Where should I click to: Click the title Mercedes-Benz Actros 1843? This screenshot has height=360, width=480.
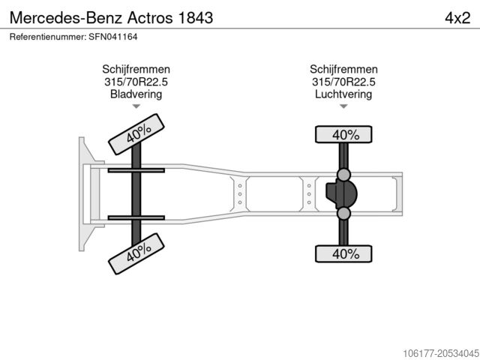coord(111,18)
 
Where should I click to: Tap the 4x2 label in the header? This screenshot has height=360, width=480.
coord(457,18)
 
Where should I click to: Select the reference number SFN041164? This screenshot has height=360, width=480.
coord(113,37)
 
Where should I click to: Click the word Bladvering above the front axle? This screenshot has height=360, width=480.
coord(136,94)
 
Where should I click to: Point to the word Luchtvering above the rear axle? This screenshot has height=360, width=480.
coord(343,94)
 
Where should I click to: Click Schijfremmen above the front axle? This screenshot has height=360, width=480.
coord(136,69)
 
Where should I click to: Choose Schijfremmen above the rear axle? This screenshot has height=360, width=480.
coord(343,69)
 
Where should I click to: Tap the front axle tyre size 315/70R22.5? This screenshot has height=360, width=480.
coord(136,82)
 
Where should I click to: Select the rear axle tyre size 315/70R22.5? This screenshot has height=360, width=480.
coord(343,82)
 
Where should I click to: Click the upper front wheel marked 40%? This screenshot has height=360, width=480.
coord(136,134)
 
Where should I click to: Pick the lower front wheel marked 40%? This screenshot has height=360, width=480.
coord(136,253)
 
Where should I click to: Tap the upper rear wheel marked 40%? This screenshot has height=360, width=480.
coord(343,134)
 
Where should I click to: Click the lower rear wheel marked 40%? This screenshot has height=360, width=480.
coord(343,253)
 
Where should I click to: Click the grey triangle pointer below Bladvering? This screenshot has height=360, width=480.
coord(136,106)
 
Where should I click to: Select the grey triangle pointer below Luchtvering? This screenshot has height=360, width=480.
coord(343,106)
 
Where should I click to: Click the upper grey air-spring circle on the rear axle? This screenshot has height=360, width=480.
coord(343,175)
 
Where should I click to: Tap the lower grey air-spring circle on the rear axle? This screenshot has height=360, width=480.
coord(343,213)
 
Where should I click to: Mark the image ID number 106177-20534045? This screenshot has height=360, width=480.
coord(440,353)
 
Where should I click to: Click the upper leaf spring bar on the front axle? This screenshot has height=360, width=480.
coord(136,170)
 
